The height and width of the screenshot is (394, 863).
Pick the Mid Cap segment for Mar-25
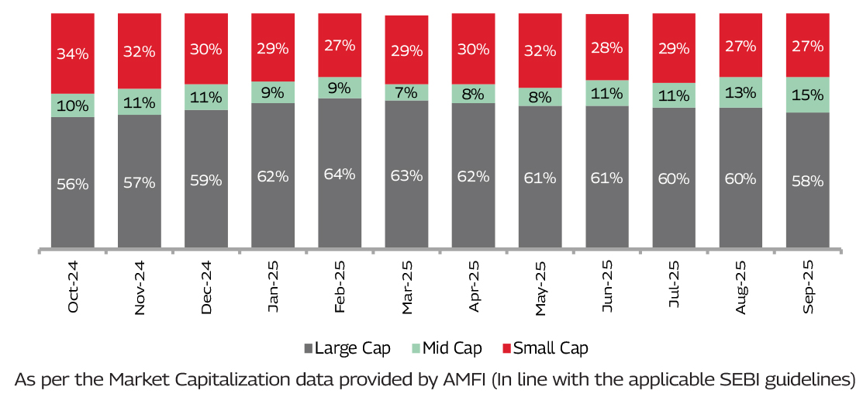(406, 92)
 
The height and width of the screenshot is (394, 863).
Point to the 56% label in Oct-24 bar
(73, 185)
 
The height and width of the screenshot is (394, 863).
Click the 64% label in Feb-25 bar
(340, 174)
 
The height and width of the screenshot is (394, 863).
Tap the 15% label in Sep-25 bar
(807, 95)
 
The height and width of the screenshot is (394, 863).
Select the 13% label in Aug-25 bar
(740, 92)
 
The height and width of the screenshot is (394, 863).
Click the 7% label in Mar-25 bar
(406, 93)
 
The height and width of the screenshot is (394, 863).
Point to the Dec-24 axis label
(207, 287)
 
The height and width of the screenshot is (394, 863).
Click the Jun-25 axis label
(608, 287)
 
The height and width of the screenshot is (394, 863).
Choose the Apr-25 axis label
(475, 287)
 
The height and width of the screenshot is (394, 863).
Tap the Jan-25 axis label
(274, 287)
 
